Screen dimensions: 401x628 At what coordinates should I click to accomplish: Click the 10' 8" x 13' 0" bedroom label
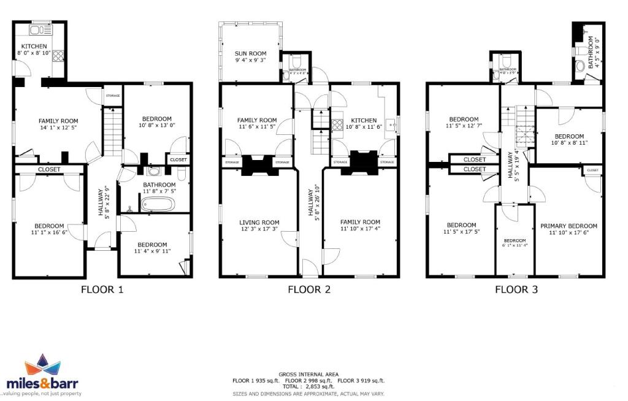pyautogui.click(x=157, y=123)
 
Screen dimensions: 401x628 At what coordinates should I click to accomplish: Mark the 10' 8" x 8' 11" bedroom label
pyautogui.click(x=569, y=140)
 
